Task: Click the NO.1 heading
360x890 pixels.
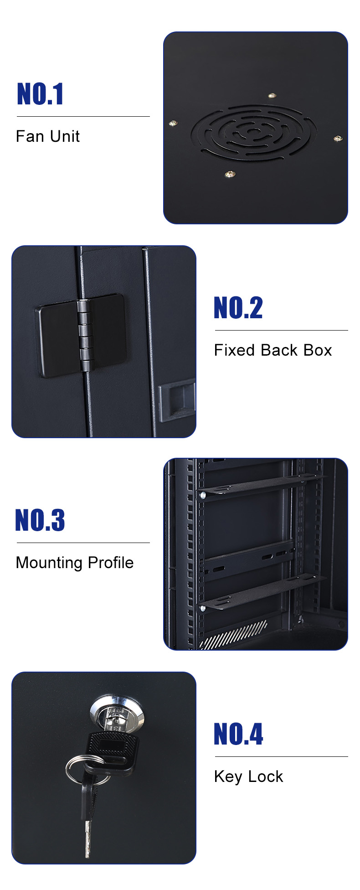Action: click(40, 94)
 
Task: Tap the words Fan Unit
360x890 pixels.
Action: click(48, 136)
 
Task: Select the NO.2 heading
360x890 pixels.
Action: click(238, 308)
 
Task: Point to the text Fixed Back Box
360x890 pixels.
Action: click(273, 350)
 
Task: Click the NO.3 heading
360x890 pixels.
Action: click(40, 520)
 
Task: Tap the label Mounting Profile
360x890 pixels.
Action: click(75, 563)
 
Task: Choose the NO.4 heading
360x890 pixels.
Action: click(238, 734)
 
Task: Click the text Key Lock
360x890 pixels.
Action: click(248, 776)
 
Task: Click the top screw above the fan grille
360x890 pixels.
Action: click(272, 96)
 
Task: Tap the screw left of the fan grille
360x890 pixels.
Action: click(173, 124)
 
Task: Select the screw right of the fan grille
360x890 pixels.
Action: click(338, 138)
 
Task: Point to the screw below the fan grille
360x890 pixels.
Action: click(230, 174)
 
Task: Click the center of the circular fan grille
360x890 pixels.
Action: click(253, 133)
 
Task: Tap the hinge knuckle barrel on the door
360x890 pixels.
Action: click(84, 335)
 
